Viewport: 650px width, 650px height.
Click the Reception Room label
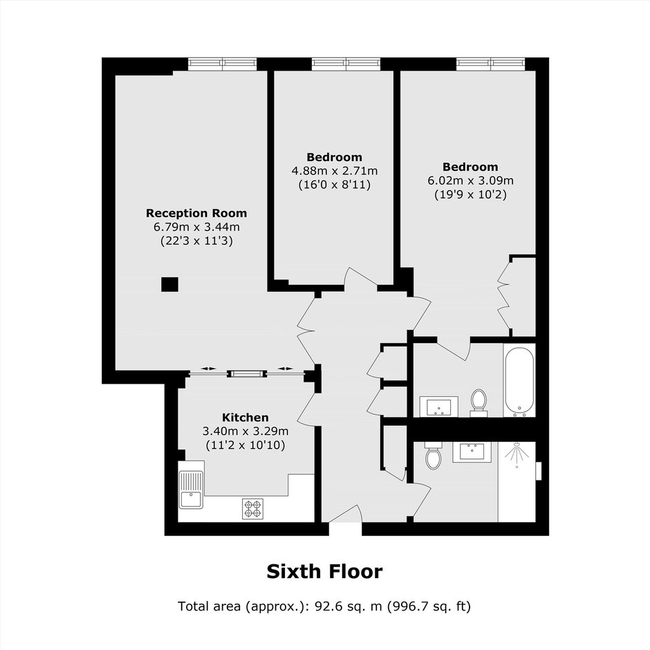196,213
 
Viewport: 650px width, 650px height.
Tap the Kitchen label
245,417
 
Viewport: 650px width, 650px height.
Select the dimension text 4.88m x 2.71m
335,171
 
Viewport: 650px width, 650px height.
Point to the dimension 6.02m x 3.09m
470,180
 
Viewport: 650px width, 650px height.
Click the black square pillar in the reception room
169,284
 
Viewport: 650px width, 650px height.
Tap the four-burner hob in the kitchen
252,509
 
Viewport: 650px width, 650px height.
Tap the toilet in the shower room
433,455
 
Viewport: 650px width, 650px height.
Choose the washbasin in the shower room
472,452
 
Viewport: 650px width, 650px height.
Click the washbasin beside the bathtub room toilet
439,407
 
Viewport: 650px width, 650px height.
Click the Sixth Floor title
324,572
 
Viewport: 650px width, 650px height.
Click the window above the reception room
223,64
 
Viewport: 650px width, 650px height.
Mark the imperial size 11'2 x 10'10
245,445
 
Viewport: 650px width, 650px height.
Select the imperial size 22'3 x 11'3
196,241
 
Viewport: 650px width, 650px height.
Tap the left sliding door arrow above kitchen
209,369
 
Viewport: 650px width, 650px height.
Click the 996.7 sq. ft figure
429,606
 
